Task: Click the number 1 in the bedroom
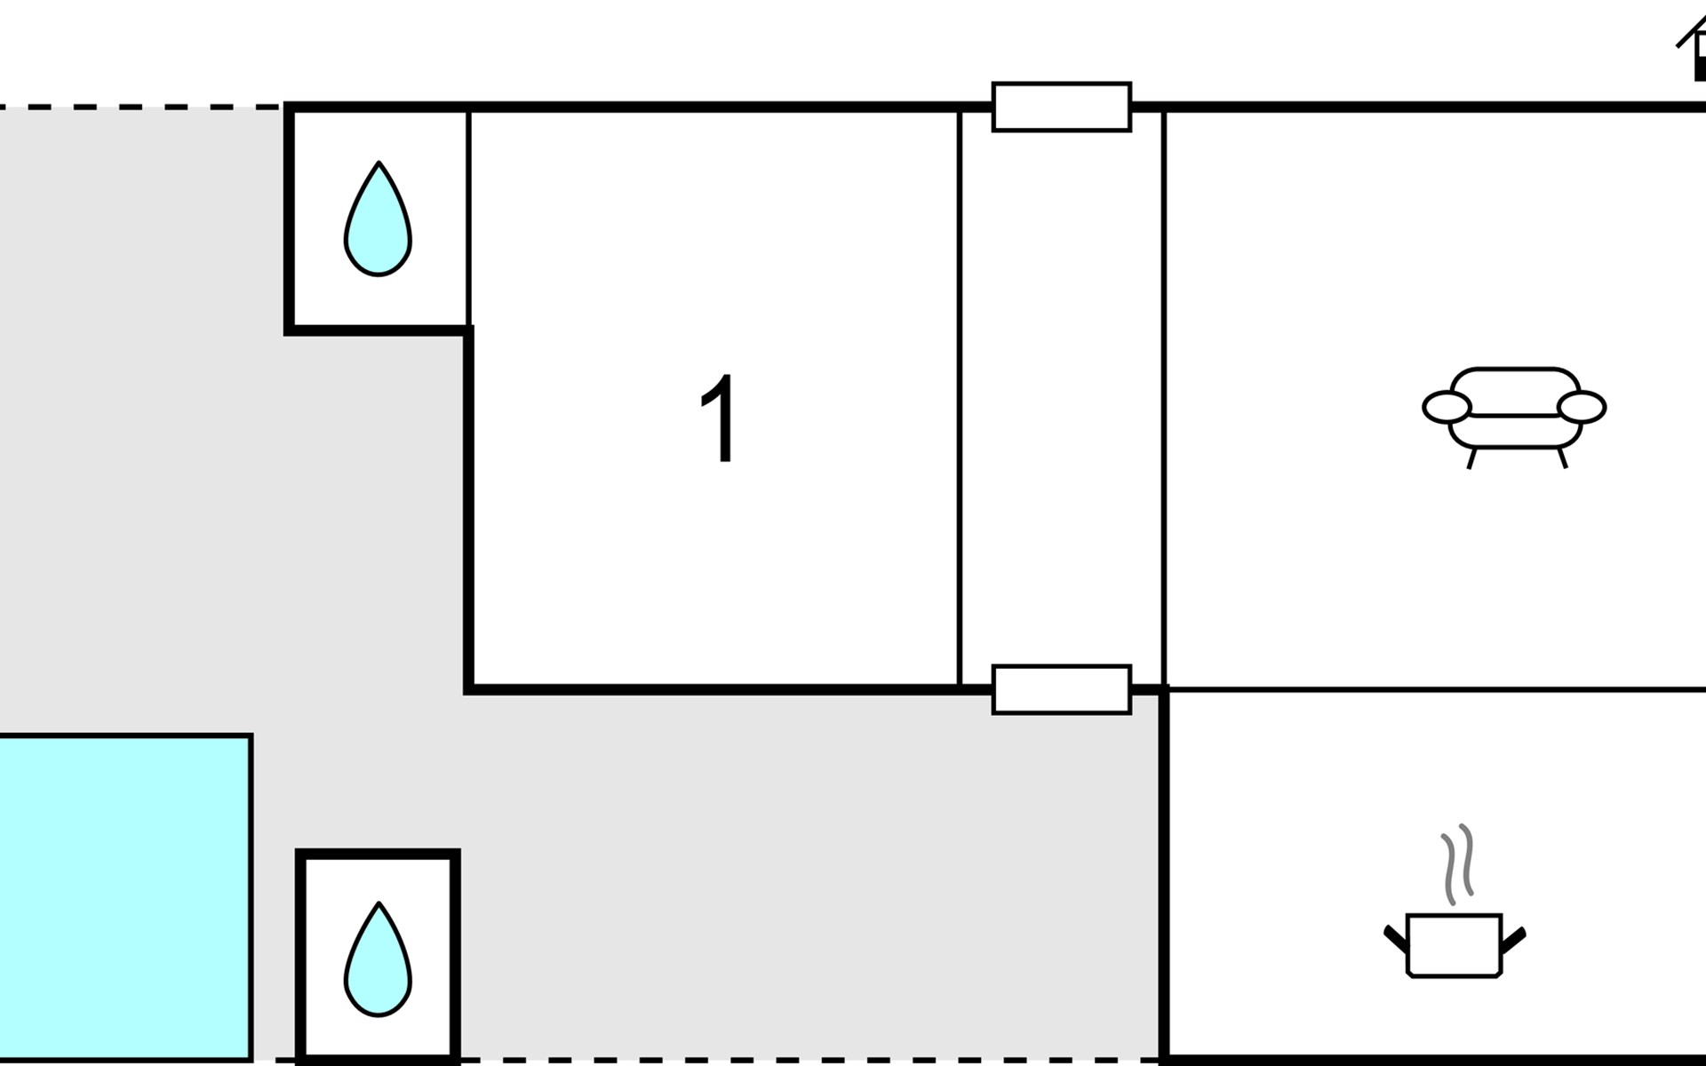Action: (x=719, y=418)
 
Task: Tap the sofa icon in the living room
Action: (x=1514, y=417)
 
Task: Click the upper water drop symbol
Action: (x=378, y=219)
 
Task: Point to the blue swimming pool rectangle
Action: (x=124, y=897)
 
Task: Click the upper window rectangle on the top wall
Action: (x=1061, y=107)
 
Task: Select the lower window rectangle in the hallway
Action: (x=1061, y=689)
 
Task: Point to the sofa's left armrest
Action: (x=1447, y=408)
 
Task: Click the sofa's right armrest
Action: (x=1582, y=408)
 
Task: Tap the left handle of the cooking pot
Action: (x=1396, y=940)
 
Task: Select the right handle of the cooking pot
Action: (x=1513, y=940)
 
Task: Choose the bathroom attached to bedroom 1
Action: (x=378, y=219)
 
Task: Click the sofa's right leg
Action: (x=1562, y=458)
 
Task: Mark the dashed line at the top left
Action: (x=142, y=107)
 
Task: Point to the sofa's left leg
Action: (x=1471, y=458)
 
